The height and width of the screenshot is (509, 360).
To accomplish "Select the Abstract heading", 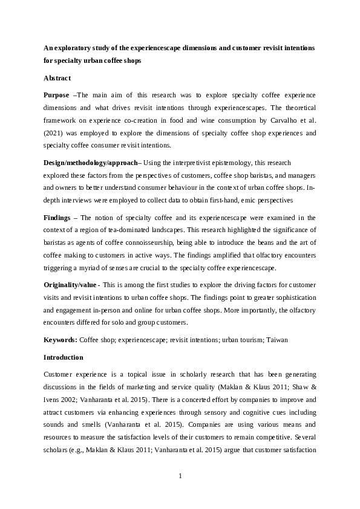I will coord(57,78).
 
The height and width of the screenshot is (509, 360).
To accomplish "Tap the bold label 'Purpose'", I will coord(56,96).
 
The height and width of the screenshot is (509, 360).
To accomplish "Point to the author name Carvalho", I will coord(276,120).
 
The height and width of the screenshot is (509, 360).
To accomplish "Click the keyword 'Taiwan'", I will coord(277,340).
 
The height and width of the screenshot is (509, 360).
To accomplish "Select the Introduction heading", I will coord(64,357).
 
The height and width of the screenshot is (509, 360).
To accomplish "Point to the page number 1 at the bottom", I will coord(180,476).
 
